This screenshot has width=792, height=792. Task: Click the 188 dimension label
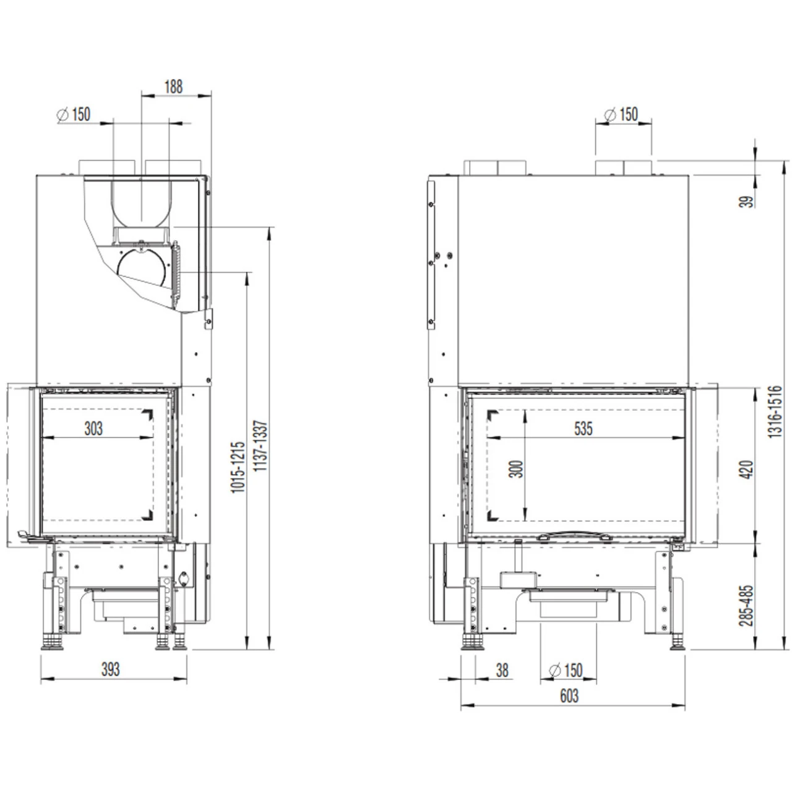click(x=173, y=87)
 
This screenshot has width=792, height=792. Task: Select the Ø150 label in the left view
click(x=74, y=114)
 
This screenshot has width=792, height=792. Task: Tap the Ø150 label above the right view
click(x=621, y=114)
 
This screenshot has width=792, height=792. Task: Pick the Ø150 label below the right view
click(x=566, y=670)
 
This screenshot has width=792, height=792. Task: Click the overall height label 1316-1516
click(x=776, y=412)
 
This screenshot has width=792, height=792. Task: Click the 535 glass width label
click(x=583, y=428)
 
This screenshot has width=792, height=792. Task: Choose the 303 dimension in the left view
click(x=93, y=428)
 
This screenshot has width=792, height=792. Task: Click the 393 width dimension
click(x=110, y=669)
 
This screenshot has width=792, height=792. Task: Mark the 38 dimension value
click(x=502, y=670)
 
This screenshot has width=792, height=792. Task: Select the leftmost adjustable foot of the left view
click(x=52, y=641)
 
